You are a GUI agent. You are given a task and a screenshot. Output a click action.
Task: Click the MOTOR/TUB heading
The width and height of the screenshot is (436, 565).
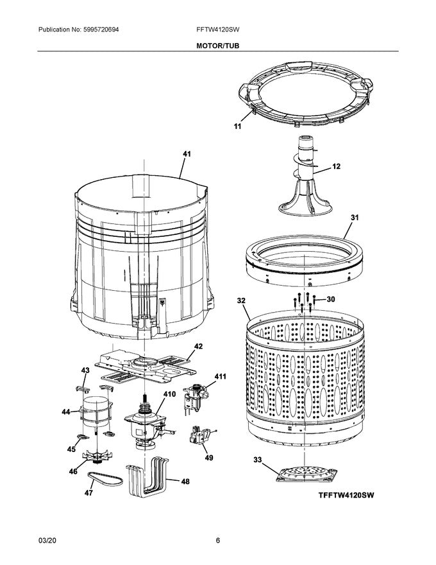pos(218,46)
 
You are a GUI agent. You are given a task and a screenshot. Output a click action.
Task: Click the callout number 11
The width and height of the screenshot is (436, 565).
pos(237,127)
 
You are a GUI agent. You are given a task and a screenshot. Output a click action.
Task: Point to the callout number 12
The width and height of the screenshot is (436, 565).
pos(336,166)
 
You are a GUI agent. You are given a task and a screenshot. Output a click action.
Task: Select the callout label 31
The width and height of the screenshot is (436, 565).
pos(354,218)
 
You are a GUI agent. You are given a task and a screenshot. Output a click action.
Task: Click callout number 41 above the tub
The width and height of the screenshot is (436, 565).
pos(187,154)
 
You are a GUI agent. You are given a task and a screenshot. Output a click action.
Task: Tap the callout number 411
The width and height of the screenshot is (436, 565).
pos(220,376)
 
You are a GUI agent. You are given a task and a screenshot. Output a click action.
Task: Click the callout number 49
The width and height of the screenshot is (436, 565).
pos(208,458)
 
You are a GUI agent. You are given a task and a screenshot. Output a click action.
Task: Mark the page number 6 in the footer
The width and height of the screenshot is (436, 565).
pos(218,541)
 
